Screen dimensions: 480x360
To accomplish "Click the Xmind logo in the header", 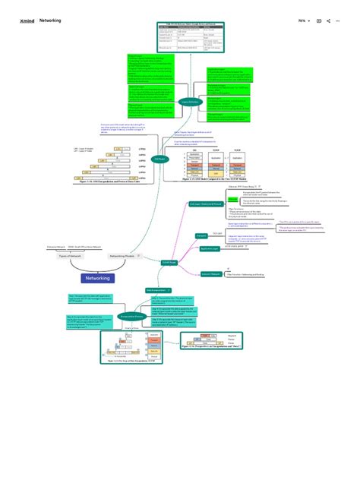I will (27, 21).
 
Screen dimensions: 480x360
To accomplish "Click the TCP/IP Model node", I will (169, 261).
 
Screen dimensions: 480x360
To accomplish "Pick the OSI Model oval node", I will (160, 159).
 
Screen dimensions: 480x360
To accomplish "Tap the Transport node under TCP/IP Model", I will (202, 236).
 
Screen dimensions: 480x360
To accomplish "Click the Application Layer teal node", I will (210, 249).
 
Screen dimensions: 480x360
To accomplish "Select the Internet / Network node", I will (211, 273).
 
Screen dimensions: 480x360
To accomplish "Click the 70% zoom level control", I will (302, 21).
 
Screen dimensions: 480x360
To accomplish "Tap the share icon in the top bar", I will (328, 21).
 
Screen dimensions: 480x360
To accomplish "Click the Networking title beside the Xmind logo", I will (50, 21).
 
